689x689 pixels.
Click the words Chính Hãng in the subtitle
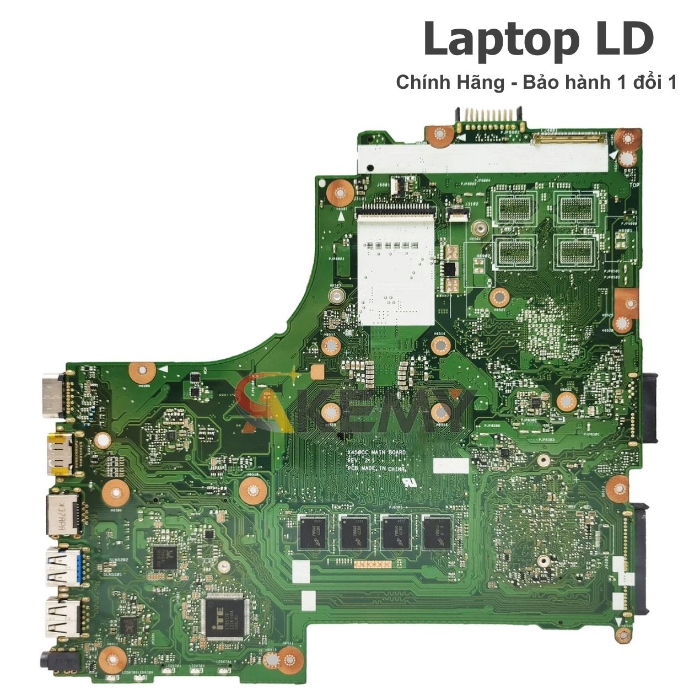point(450,83)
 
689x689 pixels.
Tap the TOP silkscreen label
point(634,186)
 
